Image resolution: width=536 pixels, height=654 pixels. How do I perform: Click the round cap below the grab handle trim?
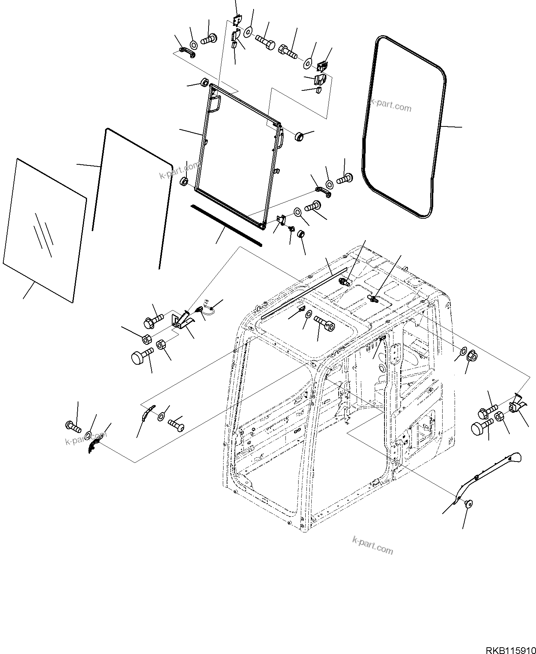click(x=468, y=504)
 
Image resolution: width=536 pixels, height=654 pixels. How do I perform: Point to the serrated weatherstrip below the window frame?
click(x=226, y=225)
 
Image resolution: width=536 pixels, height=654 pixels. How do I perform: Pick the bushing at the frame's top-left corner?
click(x=205, y=83)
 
